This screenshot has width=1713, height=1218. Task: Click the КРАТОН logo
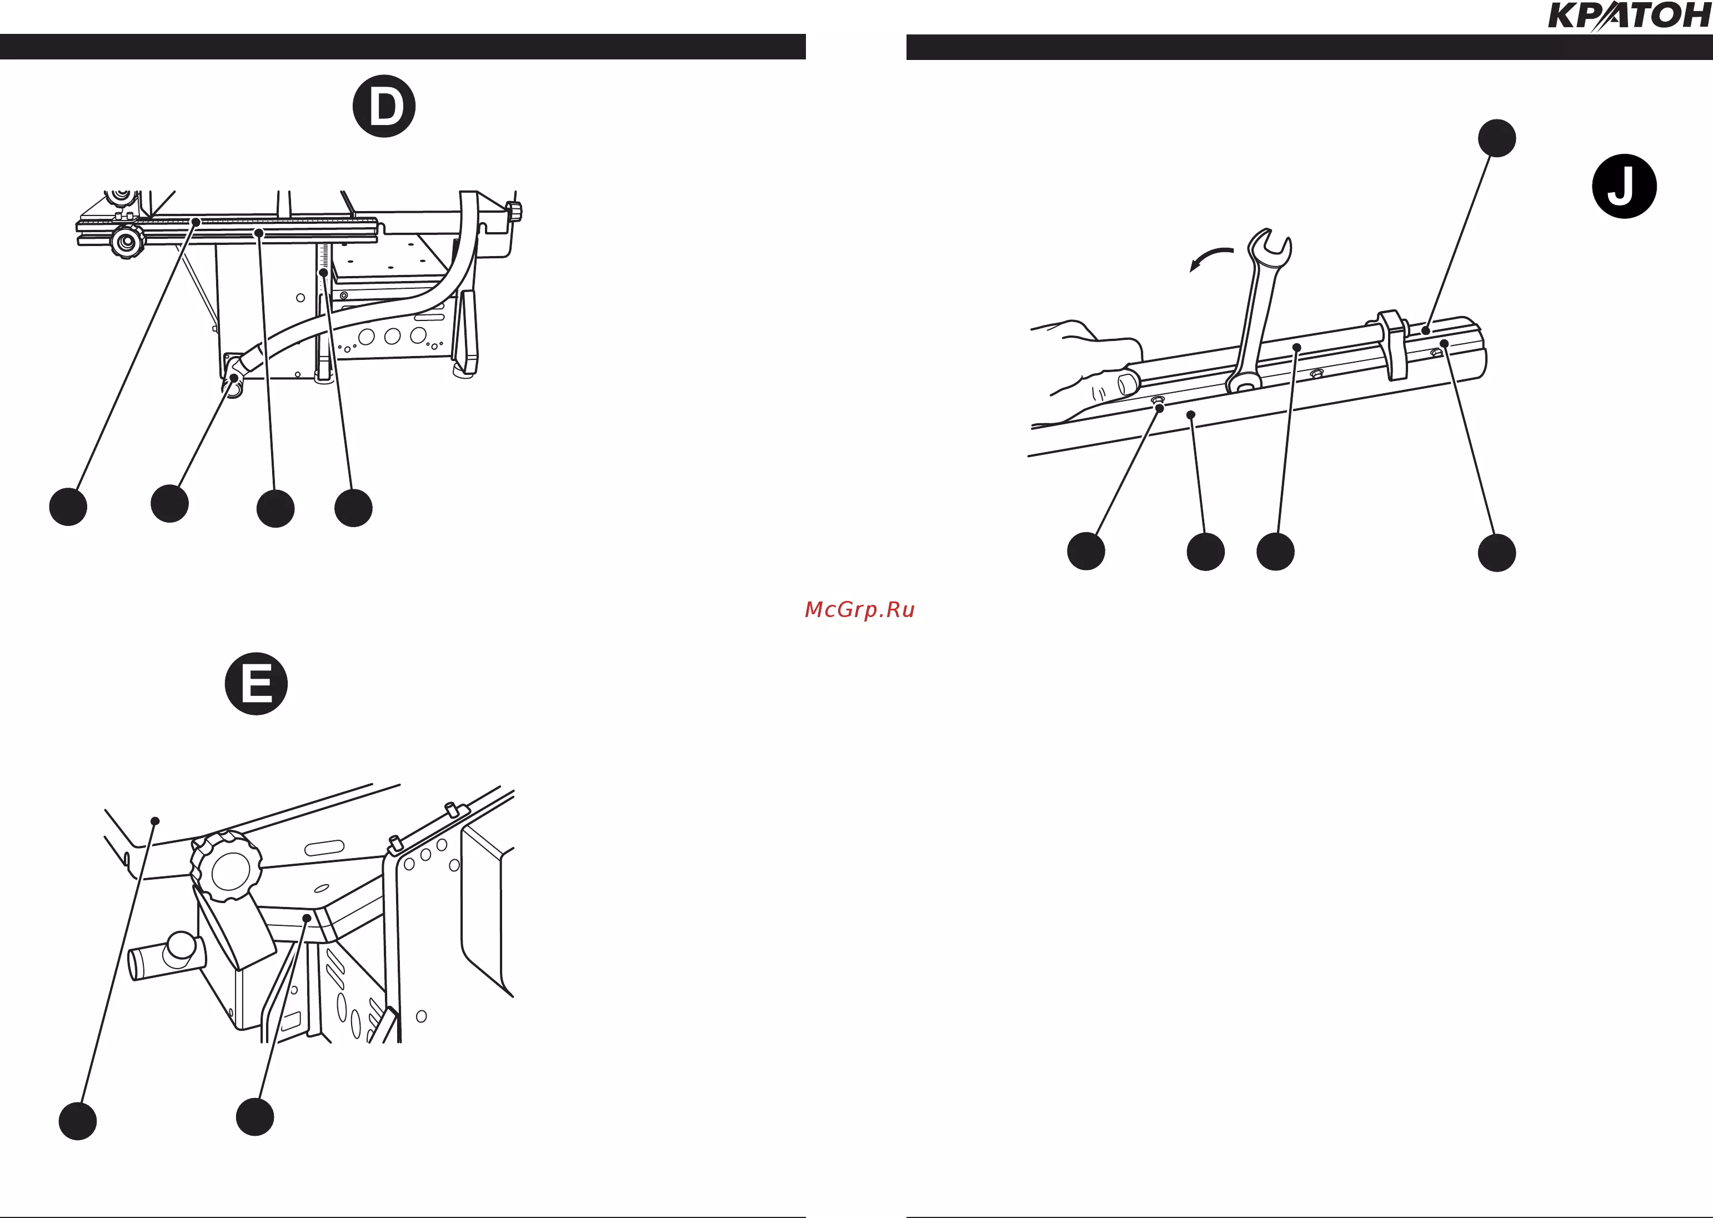(x=1630, y=16)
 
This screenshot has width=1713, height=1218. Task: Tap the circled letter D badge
(x=384, y=106)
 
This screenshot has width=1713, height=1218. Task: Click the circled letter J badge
(x=1625, y=186)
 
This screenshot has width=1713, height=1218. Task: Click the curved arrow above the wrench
(x=1210, y=258)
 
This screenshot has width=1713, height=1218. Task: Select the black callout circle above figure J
(x=1497, y=138)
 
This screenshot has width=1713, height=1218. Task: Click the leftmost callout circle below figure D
(x=68, y=507)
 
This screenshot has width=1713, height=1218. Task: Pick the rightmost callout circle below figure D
(x=353, y=508)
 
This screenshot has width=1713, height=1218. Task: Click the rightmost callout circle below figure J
(x=1497, y=553)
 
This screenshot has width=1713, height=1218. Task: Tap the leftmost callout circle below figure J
(x=1086, y=552)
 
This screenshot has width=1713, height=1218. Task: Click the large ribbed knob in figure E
(x=226, y=867)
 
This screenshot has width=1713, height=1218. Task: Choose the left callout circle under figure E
(x=78, y=1121)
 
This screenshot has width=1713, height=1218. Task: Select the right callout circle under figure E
(x=255, y=1117)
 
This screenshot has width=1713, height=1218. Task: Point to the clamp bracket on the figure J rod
(x=1393, y=344)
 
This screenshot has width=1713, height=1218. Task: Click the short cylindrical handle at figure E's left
(x=167, y=955)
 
